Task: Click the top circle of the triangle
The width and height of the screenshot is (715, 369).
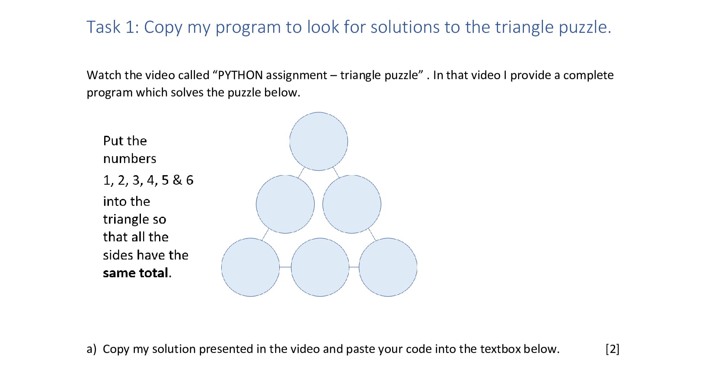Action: [319, 141]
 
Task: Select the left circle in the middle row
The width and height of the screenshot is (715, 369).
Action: [285, 204]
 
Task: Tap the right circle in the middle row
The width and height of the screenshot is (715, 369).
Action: [352, 204]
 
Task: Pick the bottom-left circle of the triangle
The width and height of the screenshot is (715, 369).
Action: [251, 267]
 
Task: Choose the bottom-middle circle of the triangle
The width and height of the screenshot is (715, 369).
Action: [320, 267]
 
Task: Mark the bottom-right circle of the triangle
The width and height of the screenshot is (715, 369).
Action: [388, 267]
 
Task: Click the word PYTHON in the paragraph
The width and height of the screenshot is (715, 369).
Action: [240, 75]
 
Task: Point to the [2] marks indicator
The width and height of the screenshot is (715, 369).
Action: [613, 349]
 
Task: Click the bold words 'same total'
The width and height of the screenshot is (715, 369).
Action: [135, 273]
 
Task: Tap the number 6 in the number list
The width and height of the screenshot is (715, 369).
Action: [190, 180]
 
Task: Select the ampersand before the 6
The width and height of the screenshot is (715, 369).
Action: [177, 180]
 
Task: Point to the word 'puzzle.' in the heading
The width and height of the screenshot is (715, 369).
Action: [585, 28]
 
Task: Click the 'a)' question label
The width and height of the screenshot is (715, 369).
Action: [91, 349]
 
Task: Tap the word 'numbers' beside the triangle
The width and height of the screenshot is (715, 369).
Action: [130, 158]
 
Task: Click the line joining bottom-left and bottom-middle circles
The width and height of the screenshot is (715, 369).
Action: [285, 267]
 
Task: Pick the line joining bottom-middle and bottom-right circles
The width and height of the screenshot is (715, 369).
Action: [354, 267]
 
